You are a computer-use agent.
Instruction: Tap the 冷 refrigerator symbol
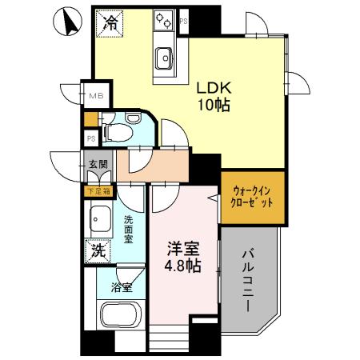(109, 22)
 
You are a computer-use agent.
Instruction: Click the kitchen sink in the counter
(164, 57)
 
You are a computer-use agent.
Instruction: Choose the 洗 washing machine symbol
(97, 250)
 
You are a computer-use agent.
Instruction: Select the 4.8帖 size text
(182, 266)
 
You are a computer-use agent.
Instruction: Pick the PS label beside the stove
(184, 21)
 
